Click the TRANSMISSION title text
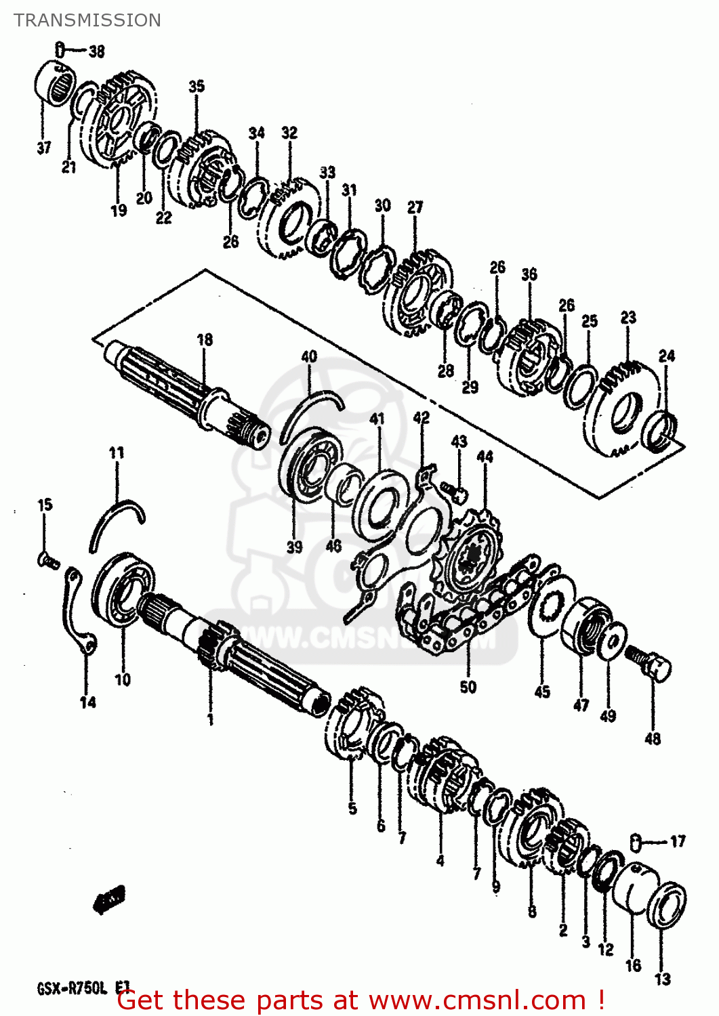[87, 20]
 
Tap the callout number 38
[97, 51]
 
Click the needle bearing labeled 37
[54, 83]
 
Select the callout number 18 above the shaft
[204, 339]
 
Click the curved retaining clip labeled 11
[115, 522]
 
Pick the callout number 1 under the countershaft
[210, 719]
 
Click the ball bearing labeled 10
[124, 588]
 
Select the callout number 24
[667, 356]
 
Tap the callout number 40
[309, 356]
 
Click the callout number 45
[542, 692]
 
